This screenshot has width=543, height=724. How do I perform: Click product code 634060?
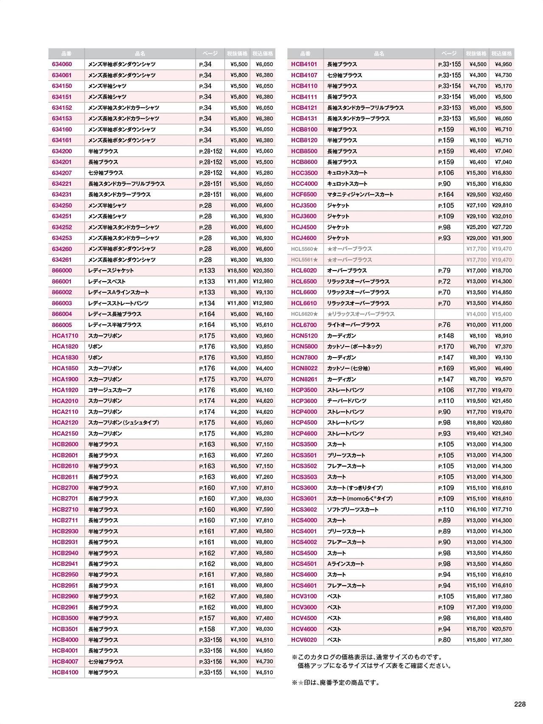tap(62, 64)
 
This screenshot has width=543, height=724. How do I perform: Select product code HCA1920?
tap(65, 390)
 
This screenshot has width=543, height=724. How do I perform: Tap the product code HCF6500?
tap(304, 195)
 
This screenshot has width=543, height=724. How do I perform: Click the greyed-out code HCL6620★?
tap(304, 314)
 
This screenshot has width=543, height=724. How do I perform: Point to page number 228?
tap(520, 704)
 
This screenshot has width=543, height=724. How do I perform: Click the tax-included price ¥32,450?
tap(502, 195)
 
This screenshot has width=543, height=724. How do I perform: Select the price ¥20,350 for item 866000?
tap(263, 271)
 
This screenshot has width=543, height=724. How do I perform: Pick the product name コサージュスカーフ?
tap(110, 390)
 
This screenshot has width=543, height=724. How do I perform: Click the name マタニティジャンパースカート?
tap(360, 195)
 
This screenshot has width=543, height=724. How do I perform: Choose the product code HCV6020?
tap(304, 640)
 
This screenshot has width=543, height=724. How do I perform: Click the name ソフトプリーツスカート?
tap(353, 510)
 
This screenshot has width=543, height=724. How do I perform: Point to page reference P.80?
tap(444, 640)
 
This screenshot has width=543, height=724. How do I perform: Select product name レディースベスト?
tap(106, 282)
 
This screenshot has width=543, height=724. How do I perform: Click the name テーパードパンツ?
tap(347, 401)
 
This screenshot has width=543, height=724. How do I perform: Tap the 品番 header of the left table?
tap(66, 54)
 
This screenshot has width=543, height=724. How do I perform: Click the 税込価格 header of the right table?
tap(502, 54)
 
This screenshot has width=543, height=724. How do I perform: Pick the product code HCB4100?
tap(65, 673)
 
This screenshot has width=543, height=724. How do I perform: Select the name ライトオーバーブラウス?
tap(353, 325)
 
